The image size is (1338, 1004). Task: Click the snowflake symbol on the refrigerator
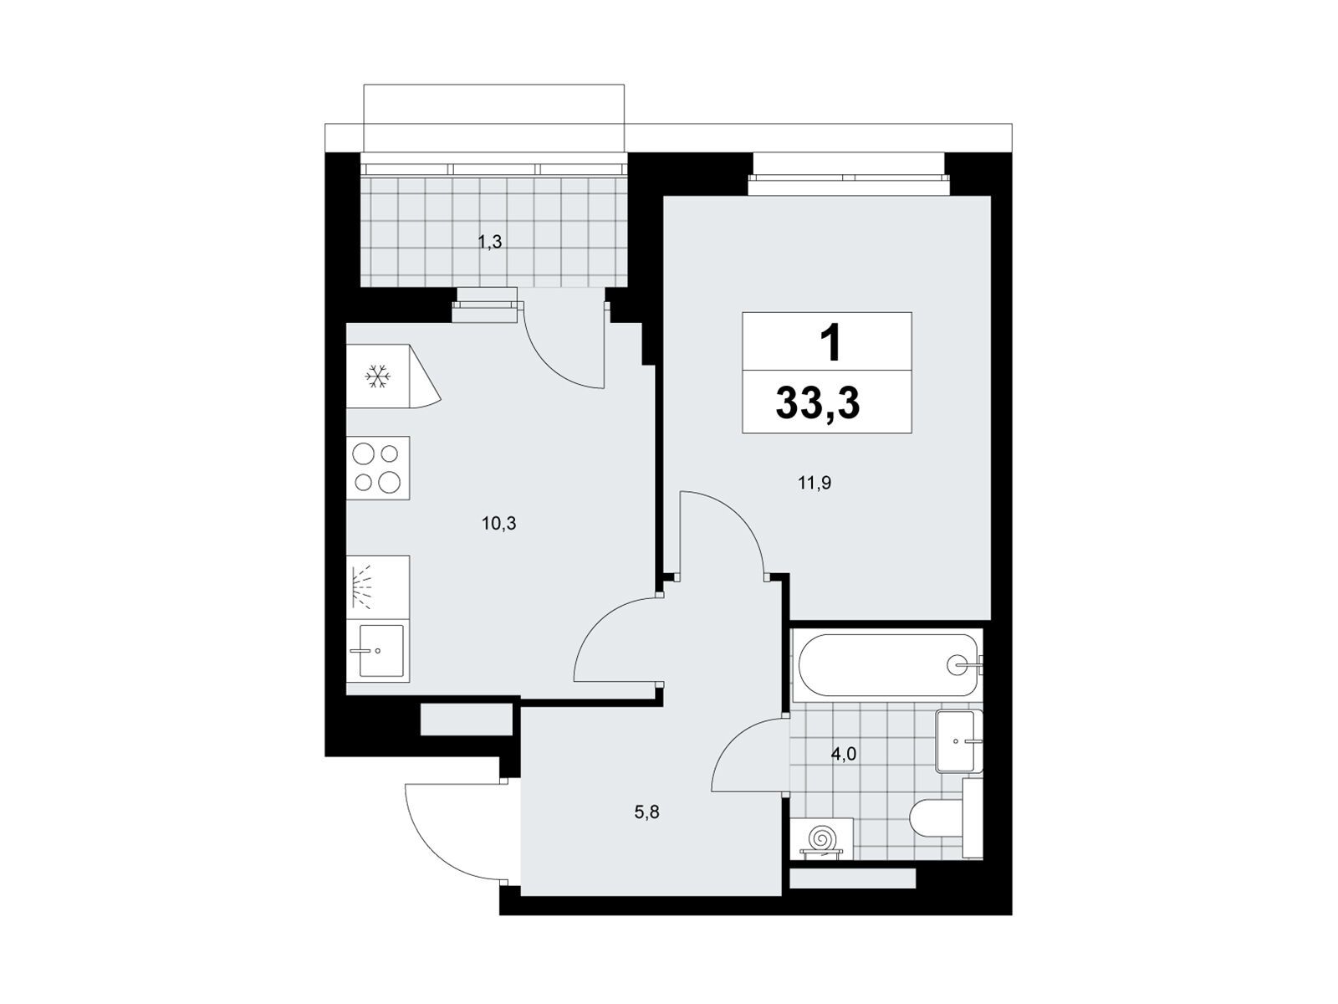(x=377, y=376)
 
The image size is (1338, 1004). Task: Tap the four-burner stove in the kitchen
(x=378, y=469)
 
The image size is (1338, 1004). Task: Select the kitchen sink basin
(x=381, y=650)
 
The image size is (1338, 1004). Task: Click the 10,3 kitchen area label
(x=498, y=523)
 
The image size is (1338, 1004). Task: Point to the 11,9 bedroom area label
(x=815, y=484)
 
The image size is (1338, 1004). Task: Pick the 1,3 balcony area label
(x=489, y=242)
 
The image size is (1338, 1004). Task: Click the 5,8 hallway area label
(x=646, y=812)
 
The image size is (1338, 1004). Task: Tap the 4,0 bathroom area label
(x=844, y=754)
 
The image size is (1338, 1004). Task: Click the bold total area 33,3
(x=817, y=403)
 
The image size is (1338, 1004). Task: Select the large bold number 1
(x=830, y=342)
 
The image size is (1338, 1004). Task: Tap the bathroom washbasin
(x=957, y=741)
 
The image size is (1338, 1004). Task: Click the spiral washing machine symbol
(x=822, y=838)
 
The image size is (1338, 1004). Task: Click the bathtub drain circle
(x=957, y=665)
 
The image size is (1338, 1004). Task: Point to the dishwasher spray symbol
(x=362, y=587)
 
